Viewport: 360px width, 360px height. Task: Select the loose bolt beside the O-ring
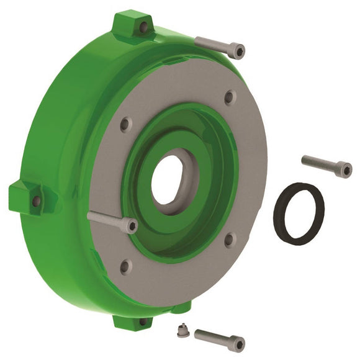click(x=326, y=165)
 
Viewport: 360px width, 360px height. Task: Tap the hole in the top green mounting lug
click(x=143, y=27)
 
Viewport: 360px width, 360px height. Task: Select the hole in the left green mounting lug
click(x=36, y=201)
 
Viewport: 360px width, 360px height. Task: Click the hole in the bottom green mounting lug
click(x=142, y=322)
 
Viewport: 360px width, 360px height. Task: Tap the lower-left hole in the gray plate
click(x=124, y=267)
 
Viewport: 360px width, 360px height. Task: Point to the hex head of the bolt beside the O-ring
click(x=346, y=170)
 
